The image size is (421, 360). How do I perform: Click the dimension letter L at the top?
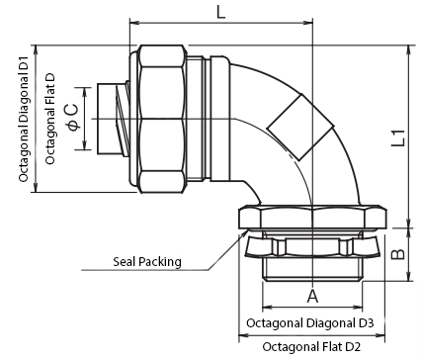tap(220, 13)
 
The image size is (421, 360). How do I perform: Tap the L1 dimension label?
tap(398, 137)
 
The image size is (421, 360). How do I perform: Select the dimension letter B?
tap(398, 254)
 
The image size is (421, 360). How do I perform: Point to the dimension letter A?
tap(312, 296)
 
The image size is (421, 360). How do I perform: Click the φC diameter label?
tap(73, 117)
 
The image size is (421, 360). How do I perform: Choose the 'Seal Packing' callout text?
tap(147, 262)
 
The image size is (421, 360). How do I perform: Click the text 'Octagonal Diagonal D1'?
tap(24, 119)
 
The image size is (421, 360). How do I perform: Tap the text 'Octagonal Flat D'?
tap(50, 119)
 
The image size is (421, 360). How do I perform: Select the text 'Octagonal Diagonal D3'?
tap(310, 323)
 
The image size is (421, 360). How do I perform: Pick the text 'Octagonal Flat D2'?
tap(311, 347)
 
